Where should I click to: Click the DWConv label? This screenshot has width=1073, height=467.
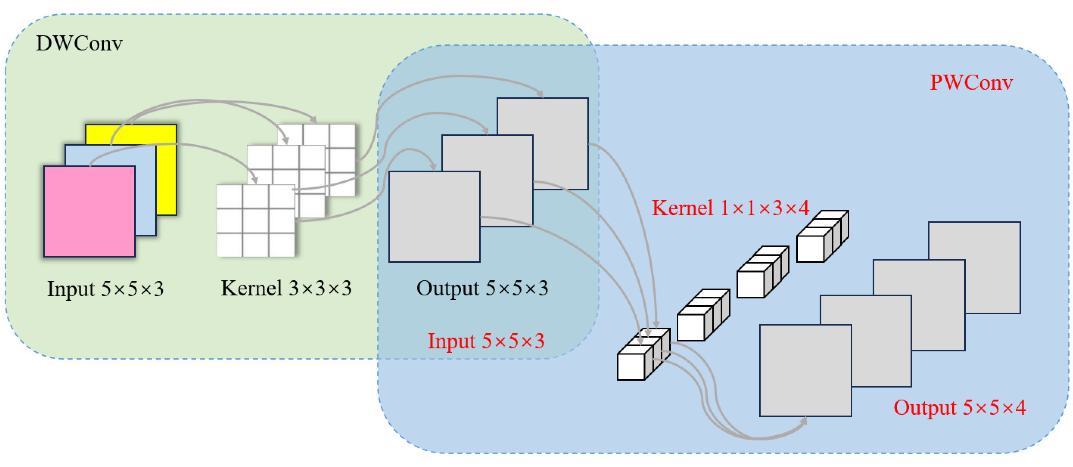tap(79, 43)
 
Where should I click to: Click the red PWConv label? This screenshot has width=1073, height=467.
tap(971, 82)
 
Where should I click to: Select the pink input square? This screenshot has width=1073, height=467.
tap(89, 211)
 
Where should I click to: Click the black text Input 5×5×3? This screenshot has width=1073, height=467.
tap(105, 289)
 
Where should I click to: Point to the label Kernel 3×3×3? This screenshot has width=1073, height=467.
tap(286, 288)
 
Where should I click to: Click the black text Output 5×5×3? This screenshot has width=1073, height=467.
tap(482, 288)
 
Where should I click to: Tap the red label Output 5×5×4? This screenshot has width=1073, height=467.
tap(959, 407)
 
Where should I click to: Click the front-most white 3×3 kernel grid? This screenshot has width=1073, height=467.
tap(255, 220)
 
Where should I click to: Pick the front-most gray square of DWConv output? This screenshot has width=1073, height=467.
tap(434, 217)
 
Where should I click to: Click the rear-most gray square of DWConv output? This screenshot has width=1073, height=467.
tap(558, 125)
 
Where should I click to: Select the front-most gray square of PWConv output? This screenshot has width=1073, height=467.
tap(805, 371)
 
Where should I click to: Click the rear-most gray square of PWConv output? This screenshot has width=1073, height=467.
tap(991, 250)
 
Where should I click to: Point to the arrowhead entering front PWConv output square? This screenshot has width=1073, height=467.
tap(804, 421)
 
